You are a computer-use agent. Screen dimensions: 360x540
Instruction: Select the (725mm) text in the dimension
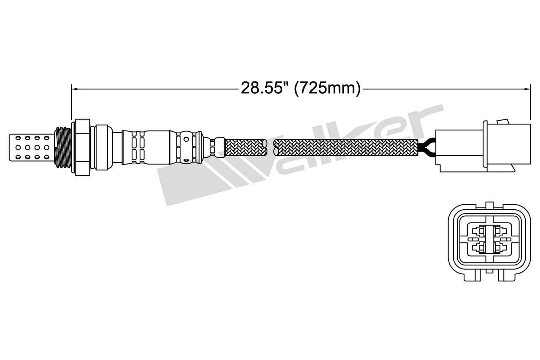(x=327, y=88)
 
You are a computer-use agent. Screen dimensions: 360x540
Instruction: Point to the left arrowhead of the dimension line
(x=74, y=89)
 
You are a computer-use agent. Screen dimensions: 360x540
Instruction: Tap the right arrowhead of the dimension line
(x=528, y=89)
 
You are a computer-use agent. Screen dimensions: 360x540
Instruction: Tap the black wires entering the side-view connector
(x=427, y=147)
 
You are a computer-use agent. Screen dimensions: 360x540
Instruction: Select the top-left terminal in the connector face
(x=479, y=231)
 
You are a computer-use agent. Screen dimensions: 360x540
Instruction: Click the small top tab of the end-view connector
(x=489, y=205)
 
